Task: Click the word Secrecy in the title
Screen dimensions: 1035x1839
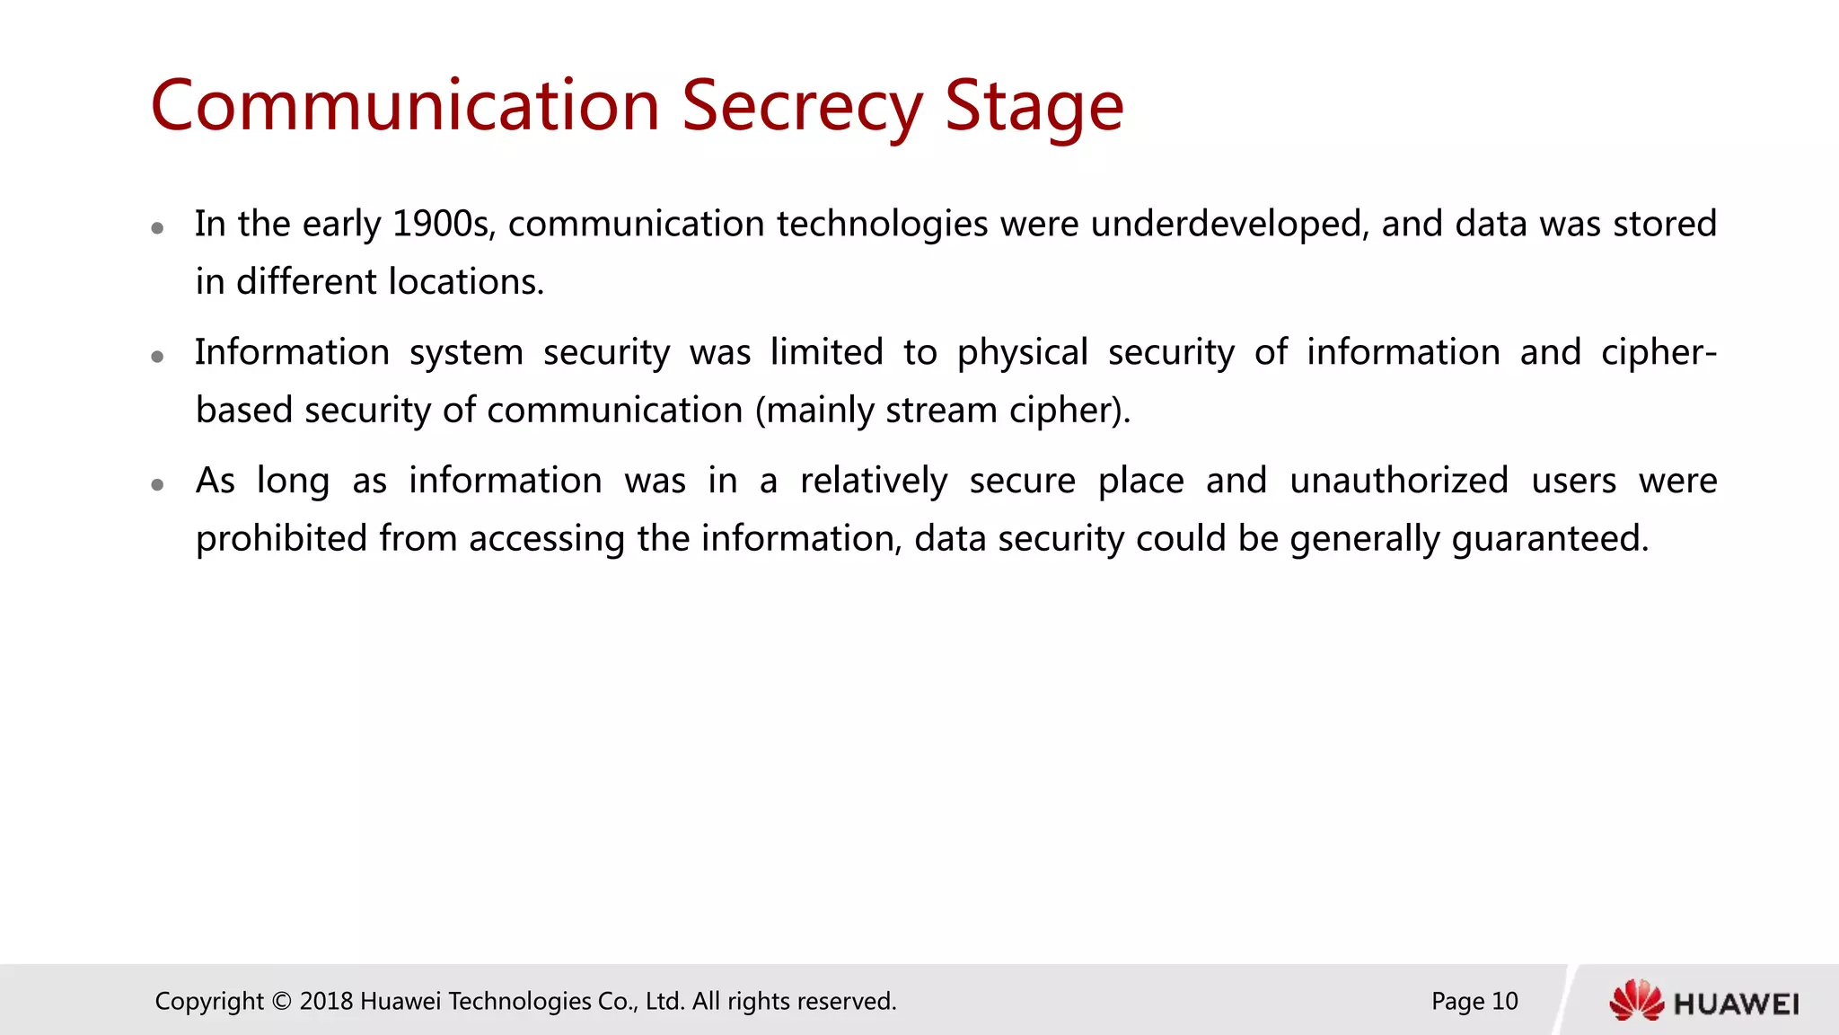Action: [802, 106]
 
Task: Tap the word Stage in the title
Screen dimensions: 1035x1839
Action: [1034, 106]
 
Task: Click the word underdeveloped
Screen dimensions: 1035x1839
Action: [1230, 224]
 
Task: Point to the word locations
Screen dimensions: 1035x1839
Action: [466, 282]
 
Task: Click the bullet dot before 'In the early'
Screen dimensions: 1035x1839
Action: [157, 228]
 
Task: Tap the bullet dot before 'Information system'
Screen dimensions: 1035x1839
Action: [157, 357]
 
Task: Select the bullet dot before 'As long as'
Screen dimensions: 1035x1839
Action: [157, 485]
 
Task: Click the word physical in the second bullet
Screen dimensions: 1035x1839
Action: [1022, 352]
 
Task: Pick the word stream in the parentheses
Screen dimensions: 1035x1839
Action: [941, 411]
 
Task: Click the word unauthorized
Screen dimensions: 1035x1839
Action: [1398, 481]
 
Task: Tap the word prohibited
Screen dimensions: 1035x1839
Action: [281, 539]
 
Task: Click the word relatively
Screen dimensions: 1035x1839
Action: [874, 481]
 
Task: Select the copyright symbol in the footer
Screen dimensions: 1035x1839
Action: [282, 1001]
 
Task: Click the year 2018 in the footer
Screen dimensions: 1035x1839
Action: [326, 1001]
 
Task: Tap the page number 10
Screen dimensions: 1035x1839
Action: [1504, 1001]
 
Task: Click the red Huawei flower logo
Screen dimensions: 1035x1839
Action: [1636, 1001]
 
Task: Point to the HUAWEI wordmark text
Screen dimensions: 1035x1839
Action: [1737, 1004]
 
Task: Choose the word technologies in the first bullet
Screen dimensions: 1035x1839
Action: [882, 224]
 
